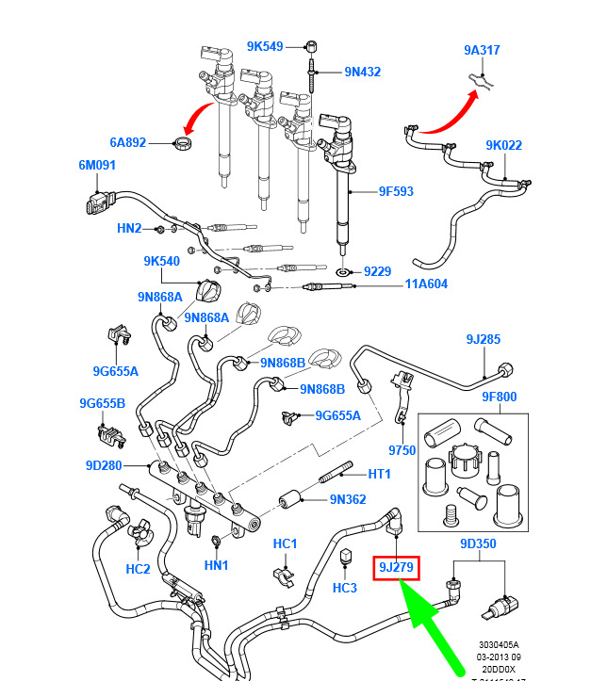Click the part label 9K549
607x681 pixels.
[x=265, y=45]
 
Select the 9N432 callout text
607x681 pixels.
[x=362, y=72]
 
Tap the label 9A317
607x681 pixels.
[x=481, y=50]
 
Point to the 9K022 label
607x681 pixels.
[x=503, y=145]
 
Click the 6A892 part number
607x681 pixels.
[x=128, y=142]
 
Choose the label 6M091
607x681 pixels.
[x=96, y=166]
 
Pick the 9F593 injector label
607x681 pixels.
[x=397, y=191]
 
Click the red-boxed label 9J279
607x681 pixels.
[x=397, y=567]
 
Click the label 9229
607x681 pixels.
[x=378, y=271]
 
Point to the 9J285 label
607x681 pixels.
[x=483, y=339]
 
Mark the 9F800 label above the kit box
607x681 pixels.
[x=500, y=397]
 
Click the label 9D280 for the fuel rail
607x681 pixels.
[x=104, y=464]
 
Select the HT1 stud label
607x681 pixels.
[x=379, y=474]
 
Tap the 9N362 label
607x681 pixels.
[x=348, y=500]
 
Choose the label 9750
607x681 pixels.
[x=402, y=450]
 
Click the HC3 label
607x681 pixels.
[x=345, y=588]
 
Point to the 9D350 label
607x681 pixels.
[x=479, y=544]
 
